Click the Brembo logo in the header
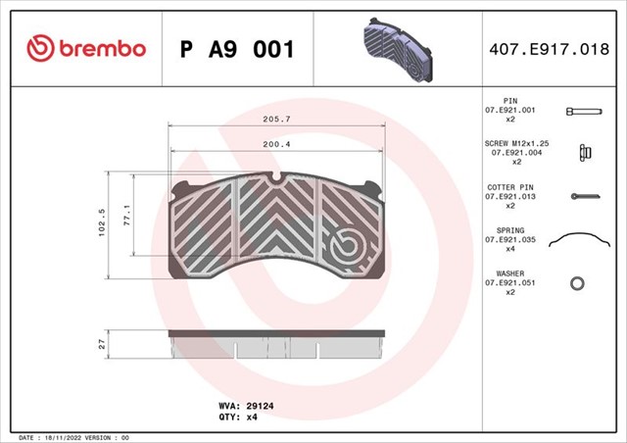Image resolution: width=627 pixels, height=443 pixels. point(86,48)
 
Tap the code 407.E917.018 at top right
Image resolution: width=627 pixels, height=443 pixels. point(552,48)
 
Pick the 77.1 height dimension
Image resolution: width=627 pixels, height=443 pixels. point(126,216)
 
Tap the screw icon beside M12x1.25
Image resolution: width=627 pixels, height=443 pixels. point(583,152)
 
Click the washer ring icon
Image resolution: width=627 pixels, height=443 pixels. point(578,283)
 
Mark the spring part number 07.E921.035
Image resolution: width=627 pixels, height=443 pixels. point(510,239)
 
